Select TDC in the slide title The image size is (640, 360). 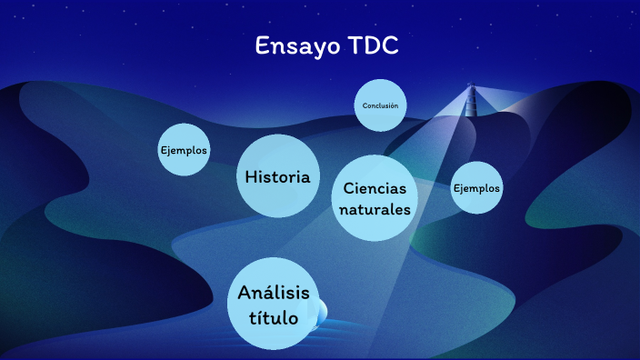point(374,46)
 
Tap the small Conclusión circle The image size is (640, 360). point(380,105)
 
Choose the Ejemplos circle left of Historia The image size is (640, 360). point(184,150)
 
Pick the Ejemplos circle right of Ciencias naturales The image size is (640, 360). point(476,188)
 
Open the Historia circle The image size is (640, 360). point(278,176)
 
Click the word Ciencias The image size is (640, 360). point(375,188)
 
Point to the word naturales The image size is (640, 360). point(375,210)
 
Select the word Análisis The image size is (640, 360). point(274,293)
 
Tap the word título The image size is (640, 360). point(274,317)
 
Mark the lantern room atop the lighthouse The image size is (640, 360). point(471,88)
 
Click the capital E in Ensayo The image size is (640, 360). point(263,46)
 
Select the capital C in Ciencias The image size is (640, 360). point(349,188)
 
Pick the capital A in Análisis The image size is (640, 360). point(245,293)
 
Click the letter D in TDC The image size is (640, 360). point(373,46)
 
